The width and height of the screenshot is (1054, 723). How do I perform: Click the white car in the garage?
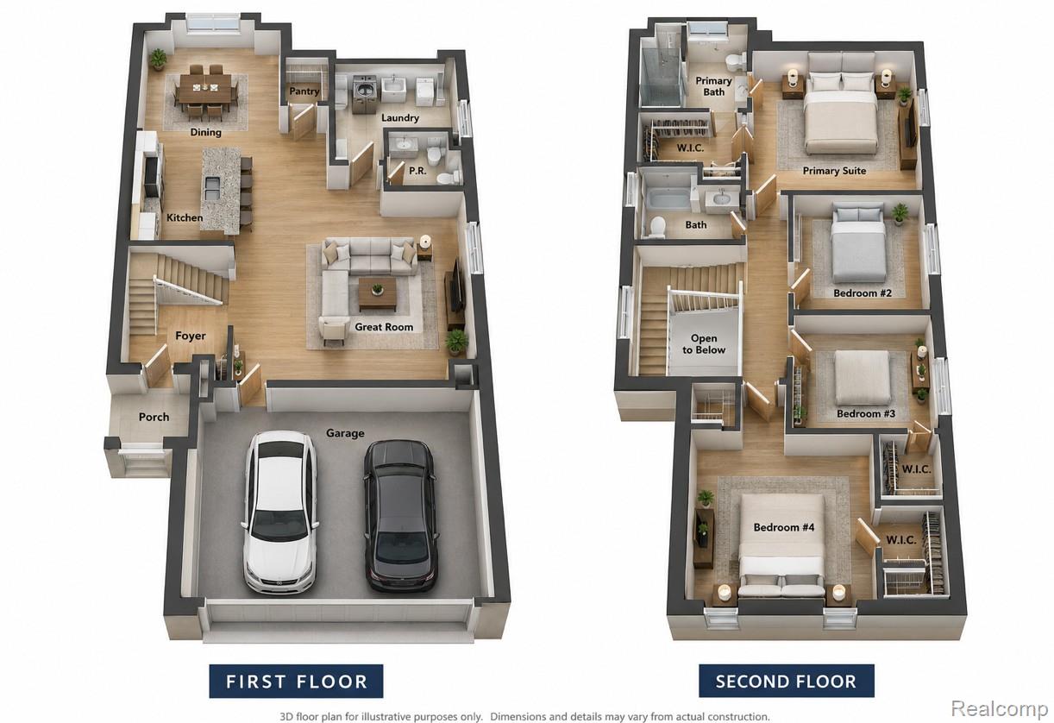coord(280,512)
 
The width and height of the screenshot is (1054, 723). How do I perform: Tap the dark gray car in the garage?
coord(401,516)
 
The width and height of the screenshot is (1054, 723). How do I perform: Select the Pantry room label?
coord(304,91)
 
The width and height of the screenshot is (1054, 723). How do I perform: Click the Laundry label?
coord(400,117)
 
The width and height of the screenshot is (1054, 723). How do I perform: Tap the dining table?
coord(205,89)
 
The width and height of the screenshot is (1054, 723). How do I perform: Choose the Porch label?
coord(154,417)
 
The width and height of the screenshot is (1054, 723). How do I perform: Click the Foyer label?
coord(190,336)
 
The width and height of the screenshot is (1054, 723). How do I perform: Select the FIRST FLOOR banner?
coord(296,681)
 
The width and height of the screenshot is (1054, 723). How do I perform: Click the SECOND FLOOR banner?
coord(787,681)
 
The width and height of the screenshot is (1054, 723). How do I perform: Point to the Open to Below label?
coord(704,344)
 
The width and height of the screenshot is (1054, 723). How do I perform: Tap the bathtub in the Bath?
coord(668,199)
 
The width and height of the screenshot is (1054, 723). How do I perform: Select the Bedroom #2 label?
coord(863,293)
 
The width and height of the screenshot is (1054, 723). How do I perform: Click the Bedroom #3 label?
coord(866,414)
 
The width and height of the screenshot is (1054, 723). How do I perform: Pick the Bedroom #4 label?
coord(784,527)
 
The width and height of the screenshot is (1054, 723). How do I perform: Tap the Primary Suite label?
coord(834,171)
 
